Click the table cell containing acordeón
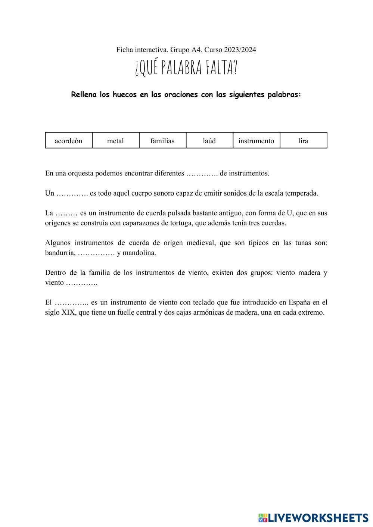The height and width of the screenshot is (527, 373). (x=69, y=141)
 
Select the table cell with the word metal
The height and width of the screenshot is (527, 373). (x=115, y=141)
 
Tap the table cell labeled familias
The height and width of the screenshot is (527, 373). (x=162, y=141)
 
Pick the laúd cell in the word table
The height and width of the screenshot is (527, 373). (x=209, y=141)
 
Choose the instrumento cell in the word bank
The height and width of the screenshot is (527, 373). (x=256, y=141)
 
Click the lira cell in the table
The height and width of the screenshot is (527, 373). (x=303, y=141)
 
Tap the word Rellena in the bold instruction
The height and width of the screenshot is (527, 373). (x=84, y=94)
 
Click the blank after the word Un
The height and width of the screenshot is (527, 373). (x=72, y=193)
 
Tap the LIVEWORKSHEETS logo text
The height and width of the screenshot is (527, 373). (x=318, y=518)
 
